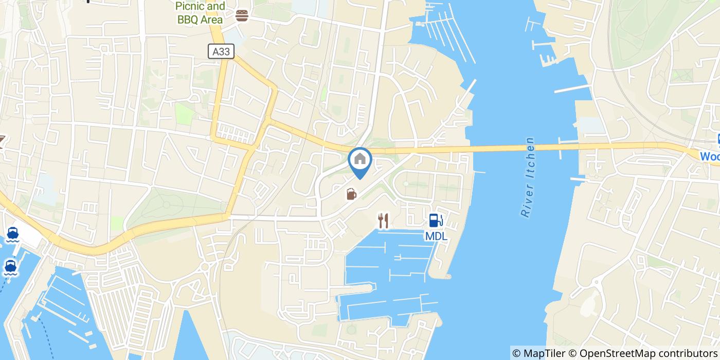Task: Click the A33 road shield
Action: (x=222, y=51)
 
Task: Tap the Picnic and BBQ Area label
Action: (x=200, y=13)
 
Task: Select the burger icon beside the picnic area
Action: (x=242, y=15)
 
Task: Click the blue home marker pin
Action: (x=360, y=159)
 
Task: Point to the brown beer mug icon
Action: (x=351, y=194)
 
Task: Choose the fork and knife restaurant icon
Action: (x=383, y=221)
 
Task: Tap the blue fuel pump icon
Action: (x=436, y=221)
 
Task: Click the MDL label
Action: (x=436, y=237)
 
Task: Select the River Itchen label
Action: (x=528, y=177)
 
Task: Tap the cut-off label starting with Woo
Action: (x=710, y=156)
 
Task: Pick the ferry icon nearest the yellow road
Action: (x=13, y=234)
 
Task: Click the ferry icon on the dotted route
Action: (x=10, y=267)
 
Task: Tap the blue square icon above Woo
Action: (x=716, y=139)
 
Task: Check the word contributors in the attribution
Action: (x=680, y=353)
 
